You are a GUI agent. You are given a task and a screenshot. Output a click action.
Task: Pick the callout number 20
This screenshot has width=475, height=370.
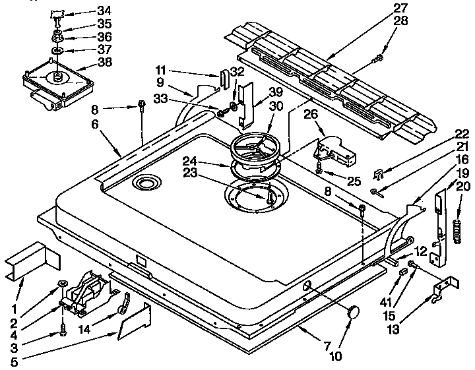pos(464,187)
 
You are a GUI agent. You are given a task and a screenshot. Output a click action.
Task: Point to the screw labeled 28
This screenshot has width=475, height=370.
pos(378,59)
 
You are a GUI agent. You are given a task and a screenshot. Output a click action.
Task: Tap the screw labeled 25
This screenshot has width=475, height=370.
pos(320,170)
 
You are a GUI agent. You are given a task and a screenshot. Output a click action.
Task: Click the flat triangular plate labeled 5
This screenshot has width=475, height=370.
pos(134,321)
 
